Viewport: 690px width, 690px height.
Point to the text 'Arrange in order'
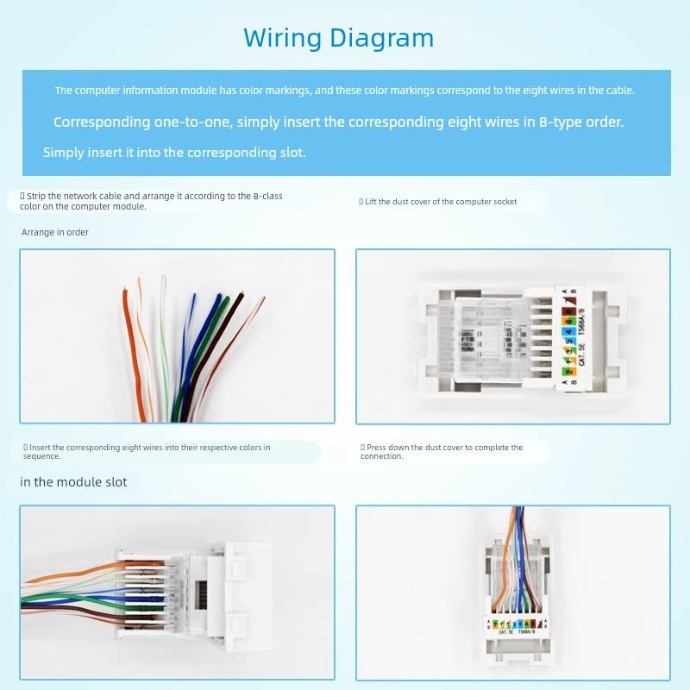coord(54,232)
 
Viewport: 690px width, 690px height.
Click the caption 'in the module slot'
coord(73,481)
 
